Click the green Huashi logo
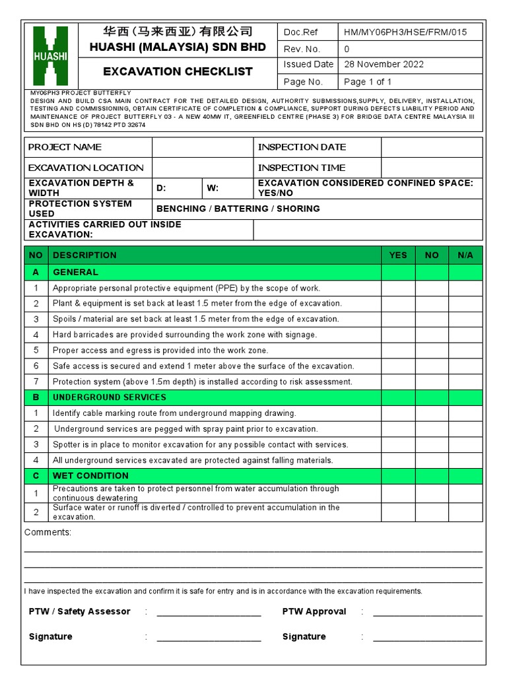pyautogui.click(x=50, y=55)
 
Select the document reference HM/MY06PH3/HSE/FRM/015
pyautogui.click(x=405, y=32)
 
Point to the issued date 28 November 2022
pyautogui.click(x=384, y=65)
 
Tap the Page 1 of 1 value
pyautogui.click(x=368, y=82)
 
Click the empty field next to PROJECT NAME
pyautogui.click(x=203, y=147)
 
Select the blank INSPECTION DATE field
pyautogui.click(x=431, y=147)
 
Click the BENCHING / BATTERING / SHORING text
pyautogui.click(x=238, y=209)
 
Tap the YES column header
pyautogui.click(x=398, y=255)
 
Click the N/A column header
pyautogui.click(x=465, y=255)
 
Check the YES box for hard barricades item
pyautogui.click(x=398, y=335)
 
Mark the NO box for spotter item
pyautogui.click(x=432, y=444)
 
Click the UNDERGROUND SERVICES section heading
pyautogui.click(x=110, y=397)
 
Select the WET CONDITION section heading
pyautogui.click(x=90, y=476)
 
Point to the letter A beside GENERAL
pyautogui.click(x=36, y=272)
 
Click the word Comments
pyautogui.click(x=48, y=533)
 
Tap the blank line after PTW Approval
pyautogui.click(x=427, y=613)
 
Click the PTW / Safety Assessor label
pyautogui.click(x=80, y=612)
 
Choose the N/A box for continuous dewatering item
pyautogui.click(x=465, y=493)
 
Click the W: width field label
pyautogui.click(x=213, y=188)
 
